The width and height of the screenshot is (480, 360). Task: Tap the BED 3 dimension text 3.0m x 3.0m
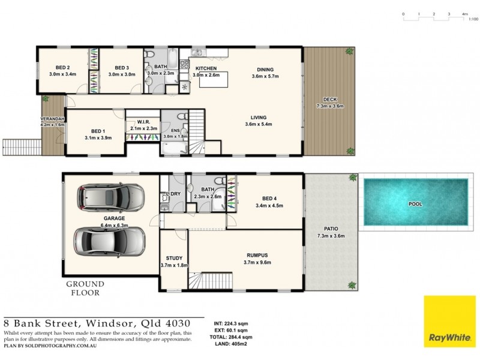coord(122,74)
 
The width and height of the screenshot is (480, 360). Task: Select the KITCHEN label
coord(206,68)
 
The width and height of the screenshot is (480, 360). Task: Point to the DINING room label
coord(265,70)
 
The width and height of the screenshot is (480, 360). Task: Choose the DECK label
coord(329,100)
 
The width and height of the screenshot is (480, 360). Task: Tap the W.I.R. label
coord(144,121)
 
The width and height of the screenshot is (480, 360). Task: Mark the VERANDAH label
coord(52,119)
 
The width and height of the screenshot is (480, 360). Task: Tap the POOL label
coord(415,204)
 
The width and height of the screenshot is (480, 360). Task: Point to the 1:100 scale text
coord(473,19)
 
